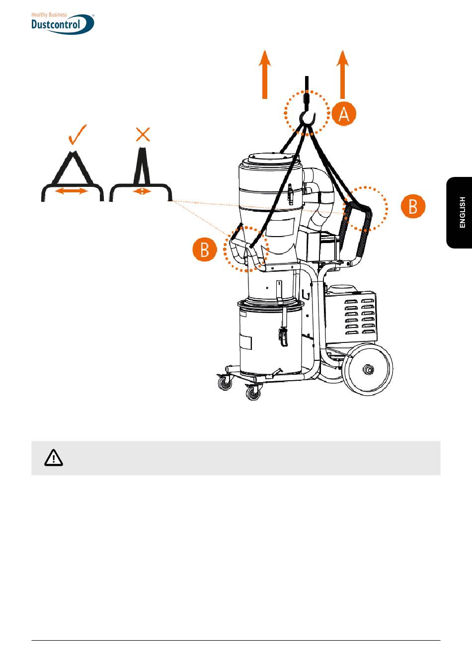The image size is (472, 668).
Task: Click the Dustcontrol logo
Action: click(63, 23)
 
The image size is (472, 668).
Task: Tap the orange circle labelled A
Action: click(344, 114)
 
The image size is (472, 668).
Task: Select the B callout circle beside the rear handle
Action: click(413, 206)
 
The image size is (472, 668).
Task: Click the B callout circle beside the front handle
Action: click(205, 250)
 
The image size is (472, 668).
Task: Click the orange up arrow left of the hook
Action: click(264, 74)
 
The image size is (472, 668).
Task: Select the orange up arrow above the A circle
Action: click(343, 74)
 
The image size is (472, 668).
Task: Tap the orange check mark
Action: click(77, 134)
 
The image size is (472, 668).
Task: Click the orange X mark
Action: click(143, 134)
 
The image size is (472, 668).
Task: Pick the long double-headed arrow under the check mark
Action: click(72, 191)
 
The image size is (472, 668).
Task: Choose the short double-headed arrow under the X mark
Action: click(143, 191)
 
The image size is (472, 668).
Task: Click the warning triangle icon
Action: click(54, 458)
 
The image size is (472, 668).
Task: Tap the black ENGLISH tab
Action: click(459, 212)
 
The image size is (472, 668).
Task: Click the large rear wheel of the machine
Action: click(368, 369)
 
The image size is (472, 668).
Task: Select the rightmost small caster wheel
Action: click(253, 393)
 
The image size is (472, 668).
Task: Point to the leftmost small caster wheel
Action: click(225, 383)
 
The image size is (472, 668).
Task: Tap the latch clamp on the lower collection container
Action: click(283, 336)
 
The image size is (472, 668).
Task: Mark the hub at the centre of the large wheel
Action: click(369, 370)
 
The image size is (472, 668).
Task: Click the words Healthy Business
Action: click(49, 14)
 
